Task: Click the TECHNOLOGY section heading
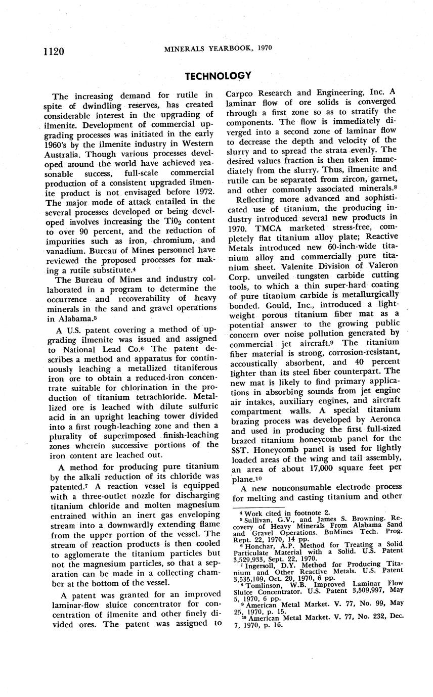click(218, 76)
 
